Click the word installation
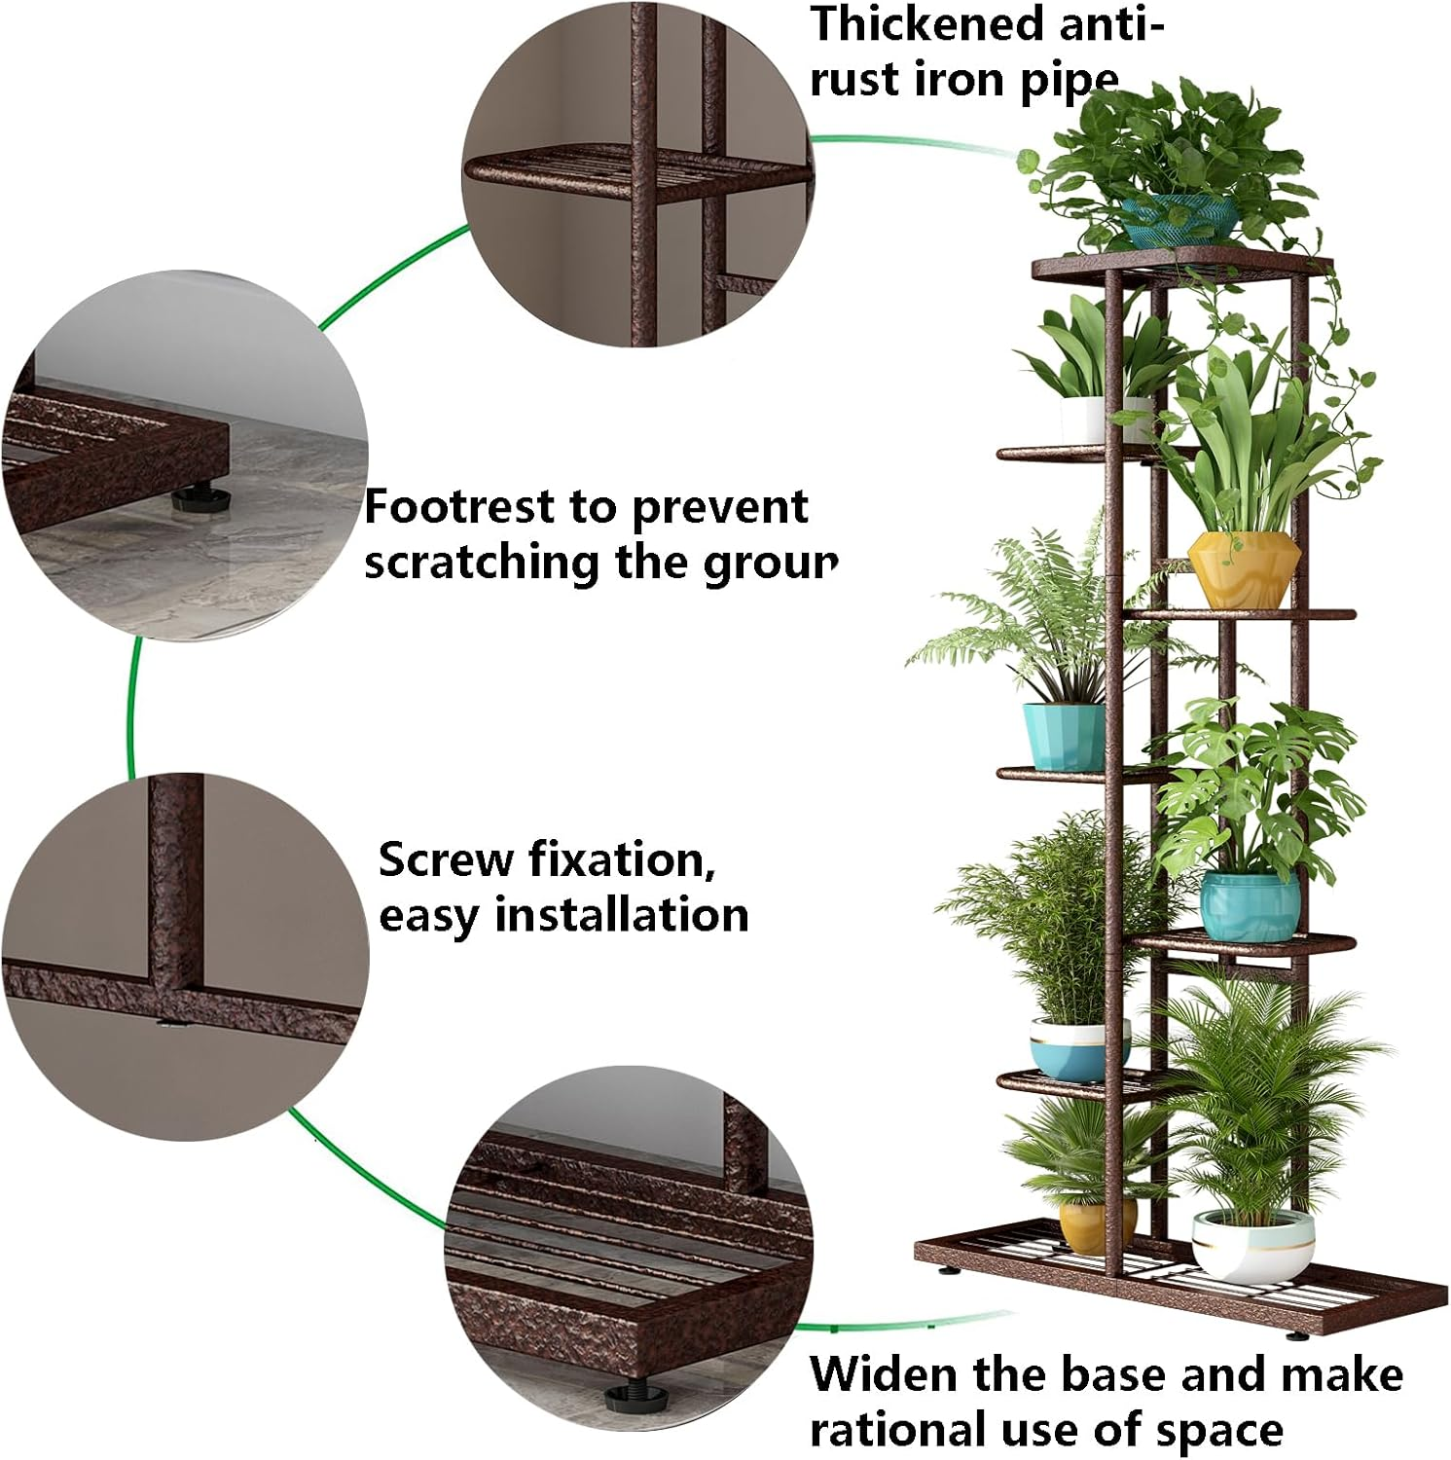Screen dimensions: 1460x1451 pyautogui.click(x=622, y=915)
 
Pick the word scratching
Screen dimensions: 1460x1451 pyautogui.click(x=481, y=563)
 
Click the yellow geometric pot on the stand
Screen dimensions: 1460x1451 pyautogui.click(x=1243, y=568)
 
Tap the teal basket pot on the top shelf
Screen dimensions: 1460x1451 pyautogui.click(x=1179, y=219)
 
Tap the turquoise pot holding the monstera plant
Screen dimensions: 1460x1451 pyautogui.click(x=1250, y=905)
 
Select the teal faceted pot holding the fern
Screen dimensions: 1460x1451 pyautogui.click(x=1064, y=736)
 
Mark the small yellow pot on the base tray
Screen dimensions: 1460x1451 pyautogui.click(x=1094, y=1226)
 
